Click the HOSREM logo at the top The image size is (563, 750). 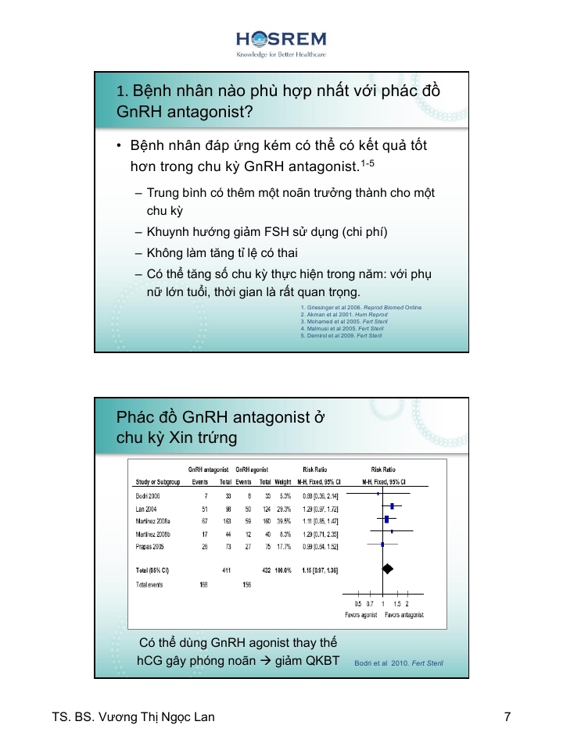pos(281,43)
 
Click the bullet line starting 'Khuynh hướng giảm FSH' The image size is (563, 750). pos(267,232)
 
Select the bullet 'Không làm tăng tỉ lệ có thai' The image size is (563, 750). pos(222,253)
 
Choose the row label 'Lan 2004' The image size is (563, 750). pos(145,508)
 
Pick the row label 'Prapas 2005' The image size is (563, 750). pos(149,546)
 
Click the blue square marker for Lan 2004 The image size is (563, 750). pos(392,507)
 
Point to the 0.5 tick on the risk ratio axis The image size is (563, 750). pos(358,604)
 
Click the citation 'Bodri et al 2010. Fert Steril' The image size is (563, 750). pos(398,663)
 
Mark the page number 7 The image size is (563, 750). pos(507,716)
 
